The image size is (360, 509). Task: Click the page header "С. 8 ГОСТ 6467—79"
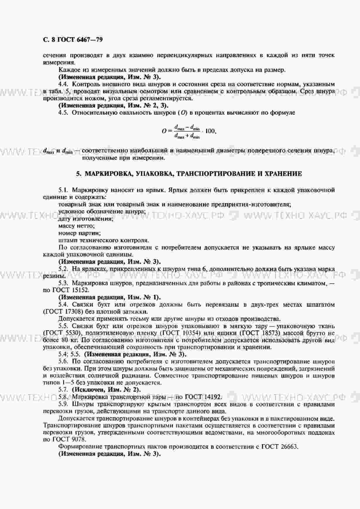coord(73,39)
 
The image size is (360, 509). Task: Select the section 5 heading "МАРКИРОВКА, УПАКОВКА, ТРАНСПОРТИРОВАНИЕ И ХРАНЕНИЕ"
coord(189,174)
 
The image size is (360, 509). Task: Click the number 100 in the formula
coord(210,131)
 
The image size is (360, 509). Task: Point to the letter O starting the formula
coord(164,131)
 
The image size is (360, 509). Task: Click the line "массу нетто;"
coord(76,226)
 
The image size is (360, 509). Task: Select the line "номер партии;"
coord(79,233)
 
